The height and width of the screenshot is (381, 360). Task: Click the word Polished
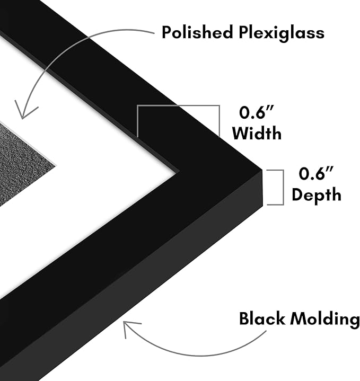[x=197, y=32]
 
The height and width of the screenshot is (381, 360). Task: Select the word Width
[x=257, y=133]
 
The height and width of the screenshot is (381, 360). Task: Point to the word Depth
[x=317, y=194]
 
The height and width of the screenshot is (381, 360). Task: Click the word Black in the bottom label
[x=262, y=318]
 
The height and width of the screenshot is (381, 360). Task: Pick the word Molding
[x=325, y=320]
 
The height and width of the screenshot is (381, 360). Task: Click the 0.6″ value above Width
[x=257, y=113]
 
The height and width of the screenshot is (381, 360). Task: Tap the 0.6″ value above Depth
[x=316, y=173]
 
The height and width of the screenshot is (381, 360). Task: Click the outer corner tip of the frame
[x=262, y=170]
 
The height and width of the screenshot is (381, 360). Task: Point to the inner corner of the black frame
[x=179, y=172]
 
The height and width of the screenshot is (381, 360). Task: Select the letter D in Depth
[x=298, y=194]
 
